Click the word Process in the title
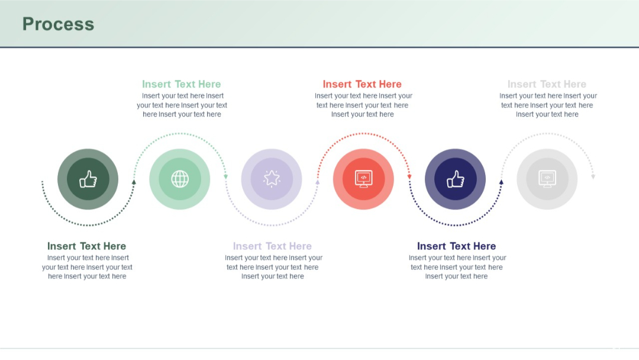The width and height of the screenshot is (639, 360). click(x=58, y=24)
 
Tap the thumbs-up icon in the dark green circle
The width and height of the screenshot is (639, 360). click(x=88, y=179)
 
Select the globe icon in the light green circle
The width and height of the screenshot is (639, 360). click(x=180, y=179)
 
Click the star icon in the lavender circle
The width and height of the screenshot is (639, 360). click(x=272, y=179)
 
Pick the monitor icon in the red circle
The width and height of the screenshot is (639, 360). click(x=363, y=179)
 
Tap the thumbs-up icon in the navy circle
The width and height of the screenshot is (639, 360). click(x=455, y=179)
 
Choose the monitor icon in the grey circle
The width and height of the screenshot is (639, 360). click(x=547, y=179)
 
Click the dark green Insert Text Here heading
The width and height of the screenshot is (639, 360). click(x=86, y=246)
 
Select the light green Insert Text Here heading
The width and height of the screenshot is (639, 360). click(x=181, y=85)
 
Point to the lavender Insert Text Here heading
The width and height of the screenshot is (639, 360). click(x=272, y=246)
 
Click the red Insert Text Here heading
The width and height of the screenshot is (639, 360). click(x=362, y=85)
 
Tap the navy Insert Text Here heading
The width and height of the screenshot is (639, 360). click(x=456, y=246)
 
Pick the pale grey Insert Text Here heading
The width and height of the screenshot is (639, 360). click(x=547, y=85)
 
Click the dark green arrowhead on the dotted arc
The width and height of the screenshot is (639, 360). click(x=134, y=182)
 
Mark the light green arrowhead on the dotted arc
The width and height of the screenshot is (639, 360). click(x=225, y=176)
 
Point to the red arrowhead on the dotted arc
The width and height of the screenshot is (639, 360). click(x=409, y=176)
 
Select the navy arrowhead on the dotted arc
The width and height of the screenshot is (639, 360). click(x=501, y=182)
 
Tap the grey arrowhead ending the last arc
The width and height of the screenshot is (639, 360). click(x=593, y=176)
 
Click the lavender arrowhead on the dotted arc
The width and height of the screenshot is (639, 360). click(x=317, y=182)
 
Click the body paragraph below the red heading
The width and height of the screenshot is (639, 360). click(x=363, y=105)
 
